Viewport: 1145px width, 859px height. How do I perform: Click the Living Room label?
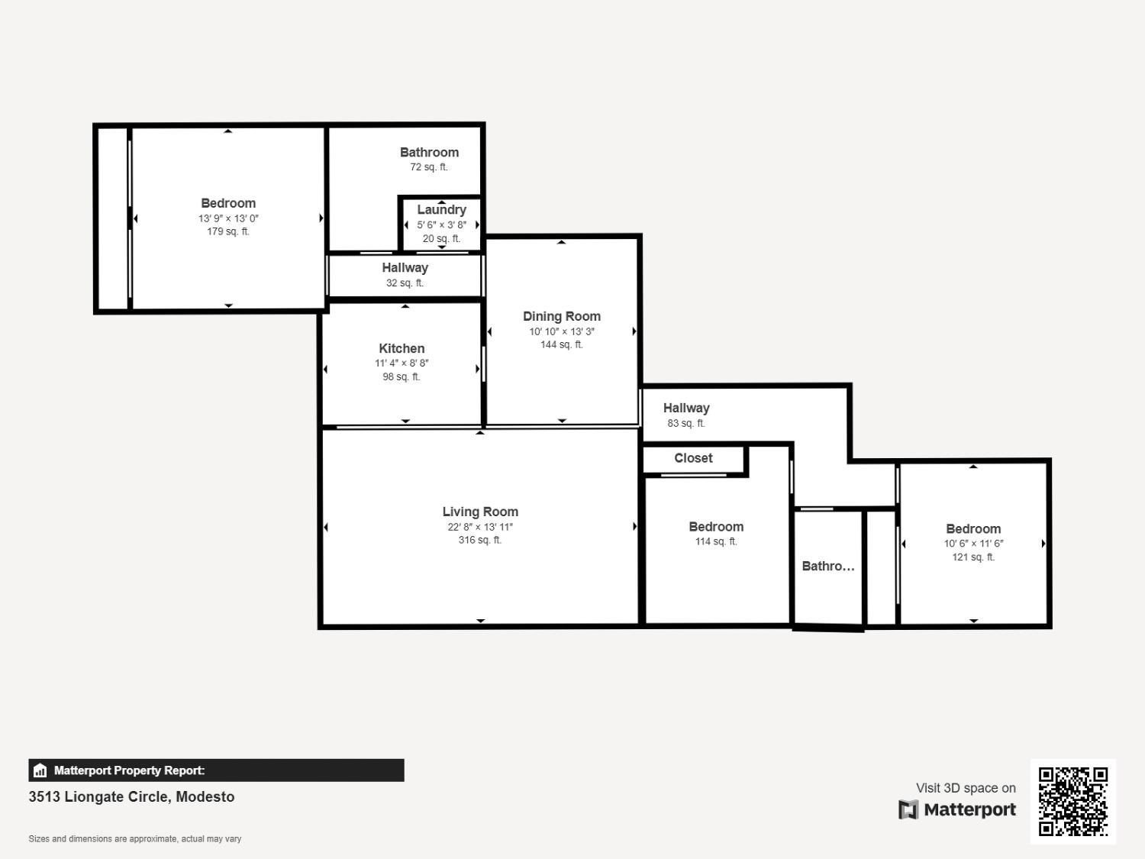(x=480, y=512)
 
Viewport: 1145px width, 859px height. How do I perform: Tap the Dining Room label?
(x=562, y=316)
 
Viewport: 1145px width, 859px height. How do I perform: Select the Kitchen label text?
(x=402, y=348)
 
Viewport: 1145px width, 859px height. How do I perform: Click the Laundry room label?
(x=441, y=209)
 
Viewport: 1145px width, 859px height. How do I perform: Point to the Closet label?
(x=693, y=458)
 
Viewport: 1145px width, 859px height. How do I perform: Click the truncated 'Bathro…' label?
(x=828, y=566)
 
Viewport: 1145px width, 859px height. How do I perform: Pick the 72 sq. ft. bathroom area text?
(x=429, y=167)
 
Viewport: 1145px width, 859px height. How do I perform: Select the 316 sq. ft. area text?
(x=480, y=540)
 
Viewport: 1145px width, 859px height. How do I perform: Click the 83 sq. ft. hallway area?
(x=686, y=423)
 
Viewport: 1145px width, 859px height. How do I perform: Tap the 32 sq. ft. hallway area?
(x=405, y=283)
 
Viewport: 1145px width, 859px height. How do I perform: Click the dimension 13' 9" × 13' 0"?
(x=228, y=218)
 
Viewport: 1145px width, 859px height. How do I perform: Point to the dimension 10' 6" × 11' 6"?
(x=973, y=544)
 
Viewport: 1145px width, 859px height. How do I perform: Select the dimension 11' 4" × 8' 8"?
(x=402, y=363)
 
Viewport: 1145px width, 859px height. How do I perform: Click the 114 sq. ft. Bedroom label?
(x=716, y=527)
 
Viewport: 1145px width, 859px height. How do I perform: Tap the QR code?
(x=1073, y=801)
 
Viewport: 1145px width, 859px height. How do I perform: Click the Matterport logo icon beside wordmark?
(x=908, y=809)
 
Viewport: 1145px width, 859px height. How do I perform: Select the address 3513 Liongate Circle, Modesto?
(x=131, y=796)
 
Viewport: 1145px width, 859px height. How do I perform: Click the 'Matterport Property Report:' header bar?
(x=216, y=770)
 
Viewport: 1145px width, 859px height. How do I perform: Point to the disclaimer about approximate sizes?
(x=135, y=838)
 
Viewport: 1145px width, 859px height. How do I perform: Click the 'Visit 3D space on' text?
(x=966, y=788)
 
